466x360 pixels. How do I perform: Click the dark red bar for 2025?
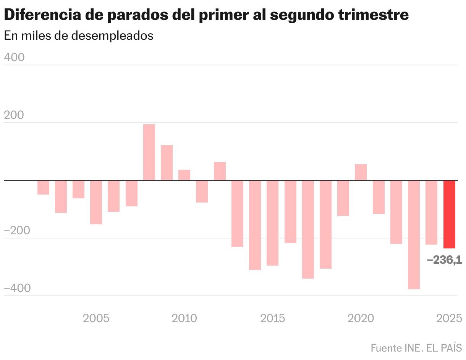coord(449,214)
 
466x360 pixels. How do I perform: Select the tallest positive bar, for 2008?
coord(149,152)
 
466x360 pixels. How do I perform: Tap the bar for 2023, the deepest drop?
coord(414,235)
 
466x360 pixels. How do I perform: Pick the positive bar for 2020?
coord(361,172)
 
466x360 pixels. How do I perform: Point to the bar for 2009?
coord(167,163)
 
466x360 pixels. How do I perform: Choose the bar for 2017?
coord(308,229)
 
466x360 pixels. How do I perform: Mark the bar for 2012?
coord(220,171)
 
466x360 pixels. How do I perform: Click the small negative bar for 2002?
coord(43,187)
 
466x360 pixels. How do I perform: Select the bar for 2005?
coord(96,202)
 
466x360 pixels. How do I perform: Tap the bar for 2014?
coord(255,225)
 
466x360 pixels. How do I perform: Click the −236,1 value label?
coord(444,260)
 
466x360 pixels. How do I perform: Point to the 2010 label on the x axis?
coord(184,318)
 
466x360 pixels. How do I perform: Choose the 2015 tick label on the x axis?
coord(273,318)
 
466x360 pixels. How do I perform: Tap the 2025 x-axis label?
coord(449,318)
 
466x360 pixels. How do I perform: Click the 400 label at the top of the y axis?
coord(14,57)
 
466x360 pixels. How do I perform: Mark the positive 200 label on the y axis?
coord(14,115)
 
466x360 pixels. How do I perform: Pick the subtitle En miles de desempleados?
coord(78,36)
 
